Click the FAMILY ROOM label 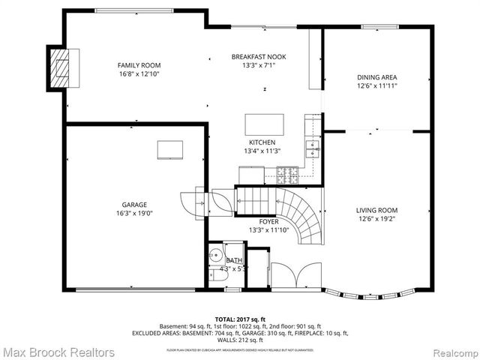[x=139, y=65]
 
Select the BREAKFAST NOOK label [x=259, y=57]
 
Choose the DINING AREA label [x=376, y=77]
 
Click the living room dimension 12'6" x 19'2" [x=376, y=220]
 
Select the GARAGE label [x=135, y=205]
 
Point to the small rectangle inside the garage [x=169, y=150]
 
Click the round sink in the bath [x=214, y=253]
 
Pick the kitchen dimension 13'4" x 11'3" [x=262, y=151]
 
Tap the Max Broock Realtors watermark [x=58, y=351]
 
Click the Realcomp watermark [x=451, y=351]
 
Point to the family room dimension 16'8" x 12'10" [x=139, y=74]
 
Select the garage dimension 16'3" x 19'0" [x=135, y=214]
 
